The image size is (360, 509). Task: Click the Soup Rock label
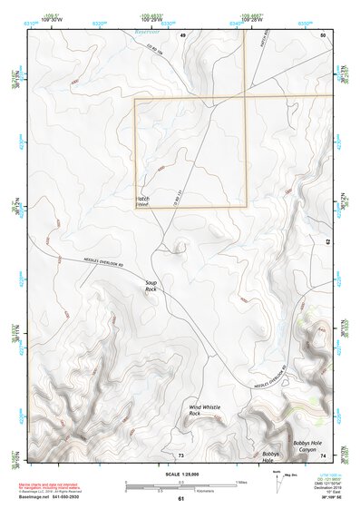coord(151,286)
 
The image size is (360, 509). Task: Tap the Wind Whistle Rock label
coord(205,410)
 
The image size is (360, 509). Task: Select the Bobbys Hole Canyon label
coord(305,446)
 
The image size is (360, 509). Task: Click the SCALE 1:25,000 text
coord(173,475)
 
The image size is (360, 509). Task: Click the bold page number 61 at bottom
coord(180,498)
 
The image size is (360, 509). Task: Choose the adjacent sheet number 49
coord(182,34)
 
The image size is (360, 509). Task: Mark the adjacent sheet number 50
coord(324,34)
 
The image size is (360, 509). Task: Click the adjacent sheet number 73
coord(180,454)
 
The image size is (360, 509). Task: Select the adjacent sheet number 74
coord(324,454)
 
